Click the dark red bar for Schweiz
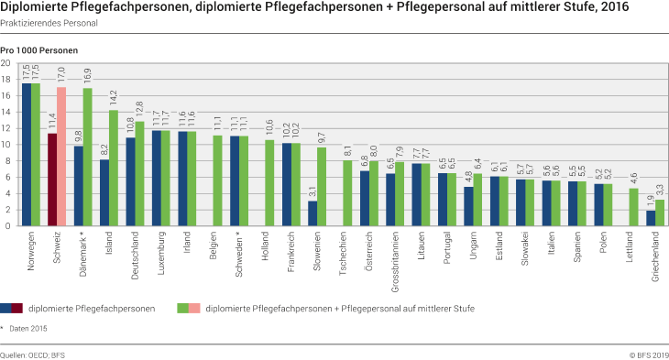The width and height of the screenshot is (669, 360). point(53,180)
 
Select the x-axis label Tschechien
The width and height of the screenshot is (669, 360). point(344,251)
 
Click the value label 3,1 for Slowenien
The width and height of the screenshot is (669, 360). point(313,191)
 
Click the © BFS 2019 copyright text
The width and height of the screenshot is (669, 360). point(647,353)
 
